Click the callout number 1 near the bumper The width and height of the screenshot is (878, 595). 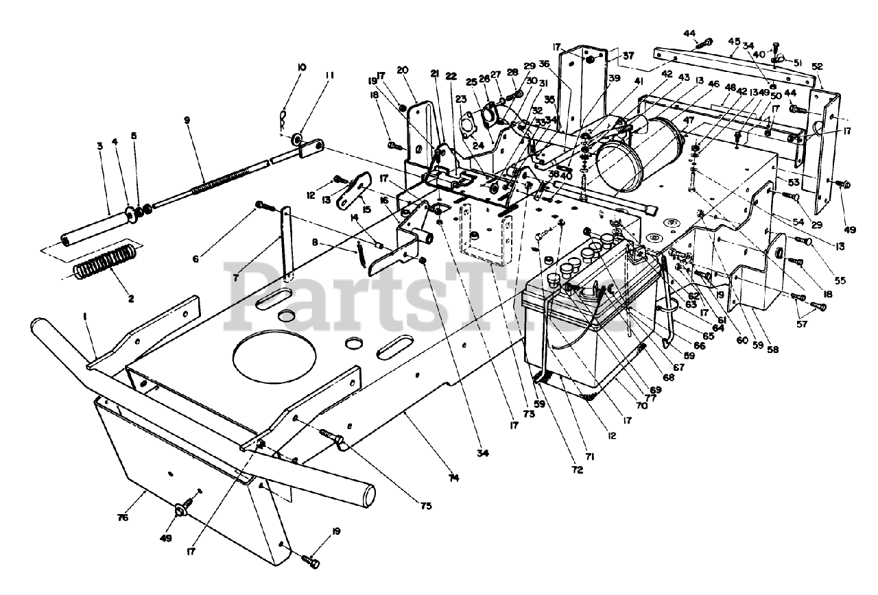coord(86,336)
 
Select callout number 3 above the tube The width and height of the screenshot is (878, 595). coord(99,147)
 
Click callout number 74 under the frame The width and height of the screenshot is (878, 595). coord(453,477)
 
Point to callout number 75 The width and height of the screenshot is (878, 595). coord(427,506)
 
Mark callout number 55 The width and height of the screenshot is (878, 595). coord(840,280)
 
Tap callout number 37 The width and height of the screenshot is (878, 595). coord(628,56)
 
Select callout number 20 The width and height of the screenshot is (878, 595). coord(402,69)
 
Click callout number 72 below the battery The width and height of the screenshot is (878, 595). coord(577,470)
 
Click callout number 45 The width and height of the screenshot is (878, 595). coord(734,40)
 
